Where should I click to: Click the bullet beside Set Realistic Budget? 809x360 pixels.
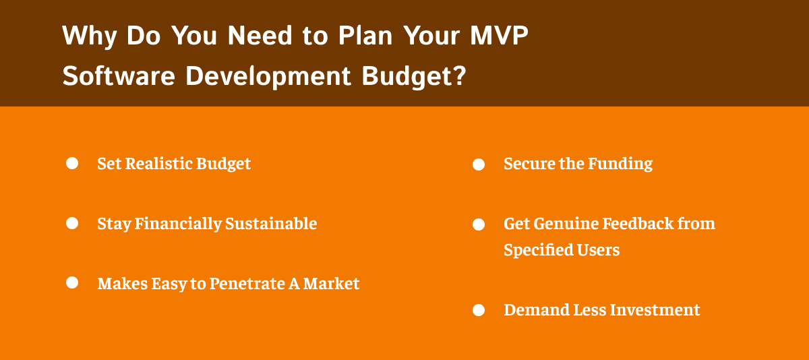point(72,163)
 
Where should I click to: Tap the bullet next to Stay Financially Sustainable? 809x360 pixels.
point(72,223)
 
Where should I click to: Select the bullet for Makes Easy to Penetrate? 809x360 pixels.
point(72,282)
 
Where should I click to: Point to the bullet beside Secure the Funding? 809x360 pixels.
point(479,164)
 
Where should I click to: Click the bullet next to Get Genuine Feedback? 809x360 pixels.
point(479,224)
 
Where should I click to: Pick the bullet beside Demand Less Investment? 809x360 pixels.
point(479,310)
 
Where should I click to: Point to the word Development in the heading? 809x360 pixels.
point(268,76)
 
